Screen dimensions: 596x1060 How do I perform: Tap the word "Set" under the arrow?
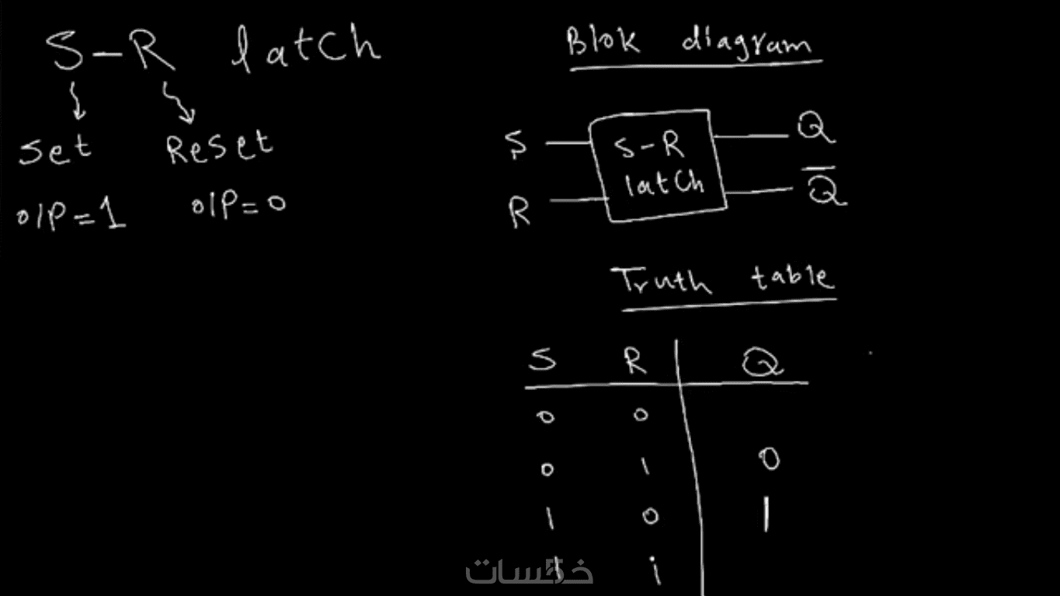[54, 149]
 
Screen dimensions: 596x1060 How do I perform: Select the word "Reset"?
[220, 146]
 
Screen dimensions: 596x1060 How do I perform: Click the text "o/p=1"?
[71, 215]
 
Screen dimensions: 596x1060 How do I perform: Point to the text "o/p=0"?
[238, 205]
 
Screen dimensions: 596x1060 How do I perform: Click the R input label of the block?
[520, 212]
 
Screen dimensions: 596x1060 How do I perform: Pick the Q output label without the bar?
[815, 127]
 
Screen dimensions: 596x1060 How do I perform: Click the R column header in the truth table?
[636, 360]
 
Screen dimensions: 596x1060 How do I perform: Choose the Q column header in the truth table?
[762, 362]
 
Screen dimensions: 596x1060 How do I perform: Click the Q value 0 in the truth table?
[769, 461]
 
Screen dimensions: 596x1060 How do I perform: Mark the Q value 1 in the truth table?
[766, 514]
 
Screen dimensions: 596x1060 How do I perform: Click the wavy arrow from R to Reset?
[179, 103]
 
